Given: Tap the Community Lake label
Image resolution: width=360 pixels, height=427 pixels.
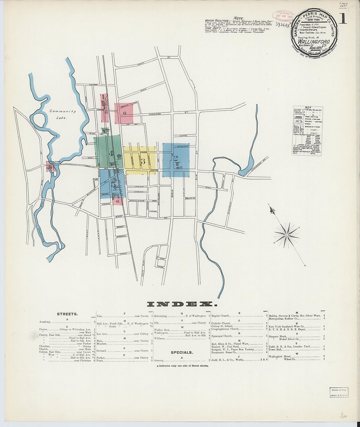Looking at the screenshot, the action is click(63, 114).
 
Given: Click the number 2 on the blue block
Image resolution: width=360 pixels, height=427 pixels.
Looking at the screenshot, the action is click(176, 158).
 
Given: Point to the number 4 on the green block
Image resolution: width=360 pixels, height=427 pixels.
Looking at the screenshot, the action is click(111, 153).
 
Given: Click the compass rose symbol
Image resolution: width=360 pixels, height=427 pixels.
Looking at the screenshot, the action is click(287, 235).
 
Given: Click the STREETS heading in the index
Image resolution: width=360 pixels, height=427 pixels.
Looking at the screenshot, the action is click(67, 314).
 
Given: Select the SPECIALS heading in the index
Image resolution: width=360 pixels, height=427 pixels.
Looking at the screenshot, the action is click(182, 352).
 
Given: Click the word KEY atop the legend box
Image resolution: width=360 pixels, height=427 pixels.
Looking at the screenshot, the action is click(308, 107).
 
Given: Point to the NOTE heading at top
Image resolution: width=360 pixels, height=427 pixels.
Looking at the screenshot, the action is click(239, 18).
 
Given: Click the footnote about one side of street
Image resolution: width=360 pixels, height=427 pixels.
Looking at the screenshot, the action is click(182, 365).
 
